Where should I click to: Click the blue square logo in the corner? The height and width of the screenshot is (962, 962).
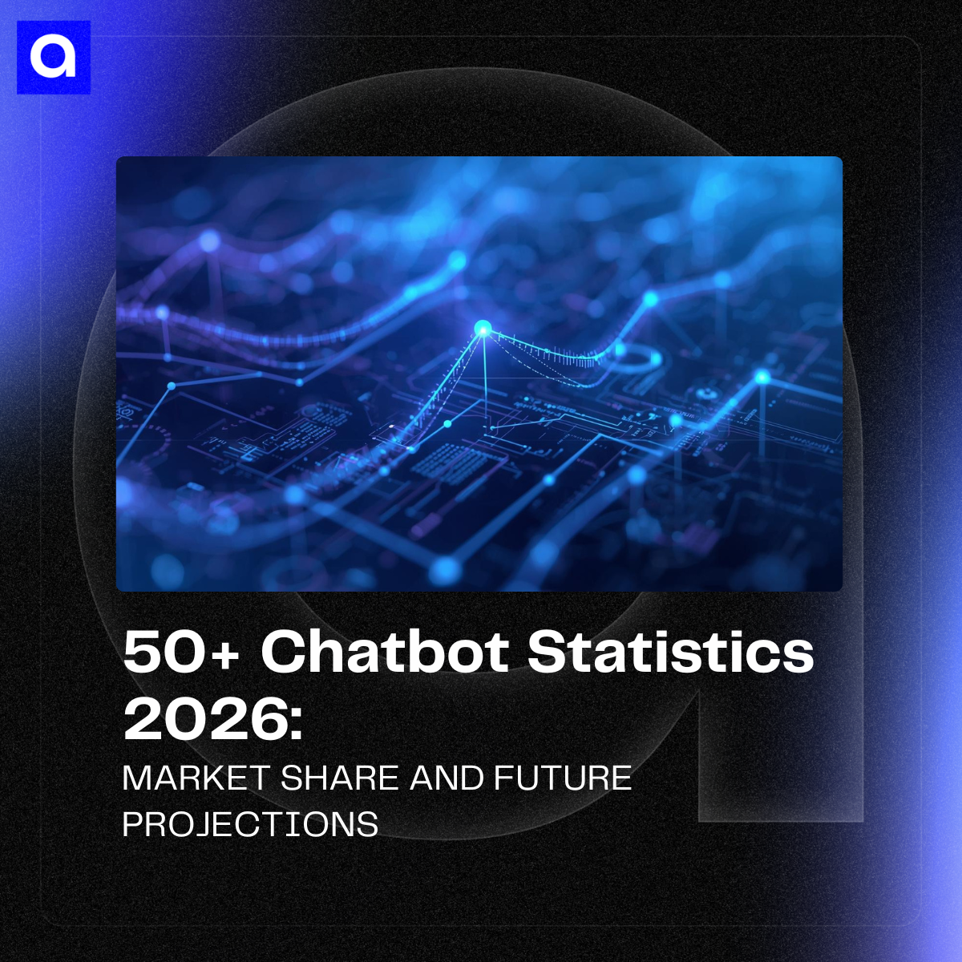pyautogui.click(x=54, y=57)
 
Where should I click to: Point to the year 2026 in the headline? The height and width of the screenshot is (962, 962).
pyautogui.click(x=204, y=718)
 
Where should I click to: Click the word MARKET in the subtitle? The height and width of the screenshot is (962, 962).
pyautogui.click(x=196, y=778)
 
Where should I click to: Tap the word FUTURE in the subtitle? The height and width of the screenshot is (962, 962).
pyautogui.click(x=563, y=778)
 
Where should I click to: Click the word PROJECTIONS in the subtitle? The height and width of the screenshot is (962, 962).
pyautogui.click(x=250, y=824)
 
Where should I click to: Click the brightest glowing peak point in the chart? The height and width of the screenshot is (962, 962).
pyautogui.click(x=483, y=328)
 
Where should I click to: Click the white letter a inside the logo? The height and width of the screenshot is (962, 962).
pyautogui.click(x=53, y=58)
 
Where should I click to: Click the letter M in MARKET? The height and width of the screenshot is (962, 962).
pyautogui.click(x=137, y=778)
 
